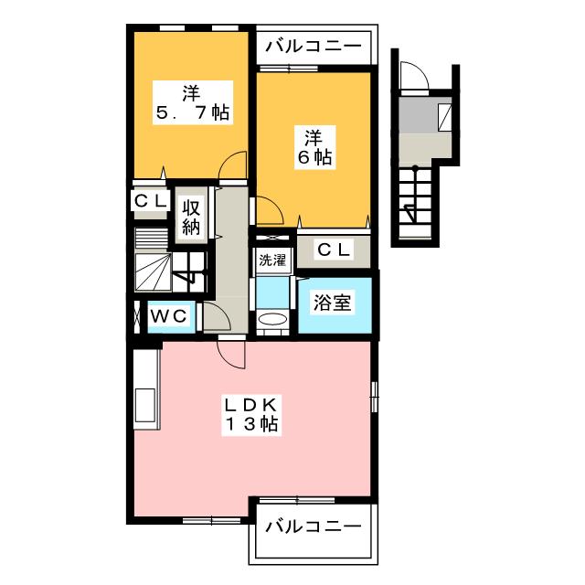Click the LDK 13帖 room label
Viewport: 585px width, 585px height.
point(252,414)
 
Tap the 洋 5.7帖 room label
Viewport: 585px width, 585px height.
point(193,103)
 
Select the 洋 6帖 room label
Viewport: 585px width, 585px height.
point(314,148)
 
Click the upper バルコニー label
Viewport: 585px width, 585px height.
point(314,47)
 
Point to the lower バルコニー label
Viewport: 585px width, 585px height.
point(314,526)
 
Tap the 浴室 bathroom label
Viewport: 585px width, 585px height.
point(332,303)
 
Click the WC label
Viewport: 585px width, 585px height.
point(168,317)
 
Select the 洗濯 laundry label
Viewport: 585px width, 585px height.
point(272,260)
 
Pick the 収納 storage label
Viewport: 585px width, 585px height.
point(191,218)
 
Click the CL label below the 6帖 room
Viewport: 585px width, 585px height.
point(335,250)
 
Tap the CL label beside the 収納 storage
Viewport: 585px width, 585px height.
point(150,201)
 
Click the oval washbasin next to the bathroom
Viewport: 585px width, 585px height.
point(272,320)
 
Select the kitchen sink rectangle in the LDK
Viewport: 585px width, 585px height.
point(144,405)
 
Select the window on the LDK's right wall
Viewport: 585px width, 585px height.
point(374,397)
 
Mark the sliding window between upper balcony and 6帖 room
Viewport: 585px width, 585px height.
point(289,69)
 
